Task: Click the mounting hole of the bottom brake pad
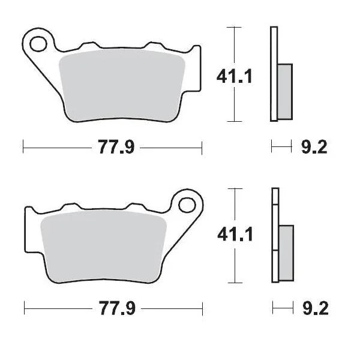click(x=187, y=205)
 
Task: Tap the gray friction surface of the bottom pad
click(x=100, y=247)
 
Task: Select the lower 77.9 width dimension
click(x=113, y=310)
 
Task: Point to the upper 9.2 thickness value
click(x=313, y=147)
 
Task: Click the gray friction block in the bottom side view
click(x=286, y=251)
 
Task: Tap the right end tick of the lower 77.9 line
click(x=203, y=310)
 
